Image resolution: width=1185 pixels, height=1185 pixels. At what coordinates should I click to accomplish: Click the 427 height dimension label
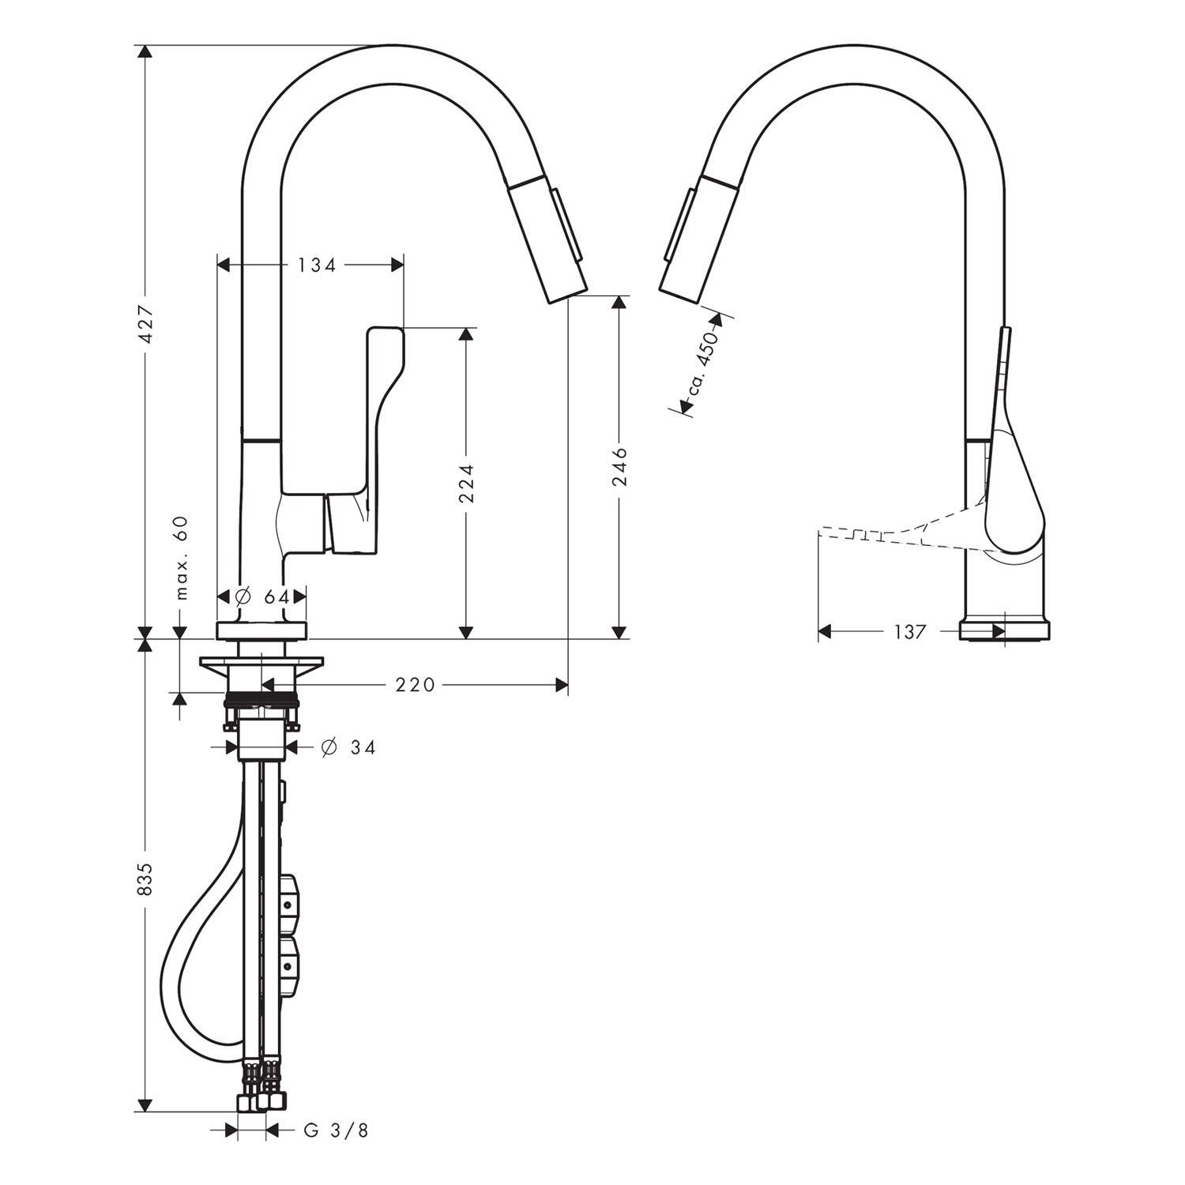(x=145, y=324)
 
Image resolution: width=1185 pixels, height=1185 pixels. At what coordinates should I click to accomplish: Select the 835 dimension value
(x=145, y=878)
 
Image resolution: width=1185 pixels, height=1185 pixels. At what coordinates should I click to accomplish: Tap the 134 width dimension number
(x=317, y=265)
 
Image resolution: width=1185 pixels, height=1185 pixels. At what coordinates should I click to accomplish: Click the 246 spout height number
(x=620, y=466)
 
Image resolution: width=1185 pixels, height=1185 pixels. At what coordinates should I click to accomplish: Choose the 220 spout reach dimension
(x=415, y=685)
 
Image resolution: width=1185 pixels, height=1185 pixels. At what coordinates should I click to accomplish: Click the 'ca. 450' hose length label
(x=702, y=363)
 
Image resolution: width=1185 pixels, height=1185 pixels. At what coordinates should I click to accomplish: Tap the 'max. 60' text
(x=182, y=558)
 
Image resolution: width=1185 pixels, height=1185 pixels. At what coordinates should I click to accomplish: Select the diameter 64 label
(x=264, y=597)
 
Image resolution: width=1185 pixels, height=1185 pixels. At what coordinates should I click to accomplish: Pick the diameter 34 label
(x=348, y=747)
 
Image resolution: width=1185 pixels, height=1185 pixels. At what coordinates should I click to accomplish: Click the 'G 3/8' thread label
(x=337, y=1130)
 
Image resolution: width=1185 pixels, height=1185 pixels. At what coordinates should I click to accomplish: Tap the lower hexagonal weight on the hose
(x=288, y=965)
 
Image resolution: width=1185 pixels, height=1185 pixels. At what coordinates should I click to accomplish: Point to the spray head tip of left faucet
(x=568, y=292)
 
